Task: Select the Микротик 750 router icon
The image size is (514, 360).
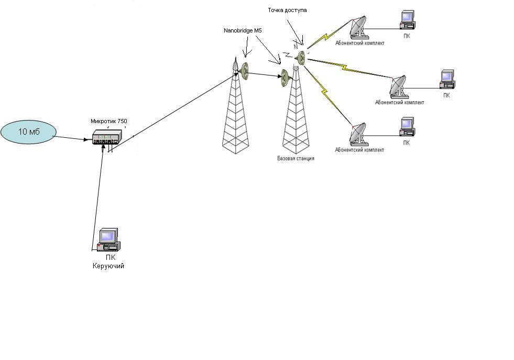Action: pyautogui.click(x=106, y=138)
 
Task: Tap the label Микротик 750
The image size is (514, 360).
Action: pyautogui.click(x=108, y=121)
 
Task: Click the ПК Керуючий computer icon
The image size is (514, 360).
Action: pyautogui.click(x=108, y=240)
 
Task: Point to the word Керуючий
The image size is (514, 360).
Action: pyautogui.click(x=108, y=266)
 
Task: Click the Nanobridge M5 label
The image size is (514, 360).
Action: pyautogui.click(x=242, y=31)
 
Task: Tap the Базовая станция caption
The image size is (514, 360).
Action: pyautogui.click(x=296, y=158)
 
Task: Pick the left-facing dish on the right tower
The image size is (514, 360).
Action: pyautogui.click(x=285, y=77)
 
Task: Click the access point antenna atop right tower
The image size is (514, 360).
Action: pyautogui.click(x=301, y=57)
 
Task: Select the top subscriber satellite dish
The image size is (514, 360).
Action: pyautogui.click(x=358, y=27)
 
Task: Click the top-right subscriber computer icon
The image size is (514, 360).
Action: pyautogui.click(x=407, y=19)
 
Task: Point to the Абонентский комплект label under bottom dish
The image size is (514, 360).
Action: pyautogui.click(x=359, y=150)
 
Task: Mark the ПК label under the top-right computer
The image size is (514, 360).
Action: pyautogui.click(x=407, y=37)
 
